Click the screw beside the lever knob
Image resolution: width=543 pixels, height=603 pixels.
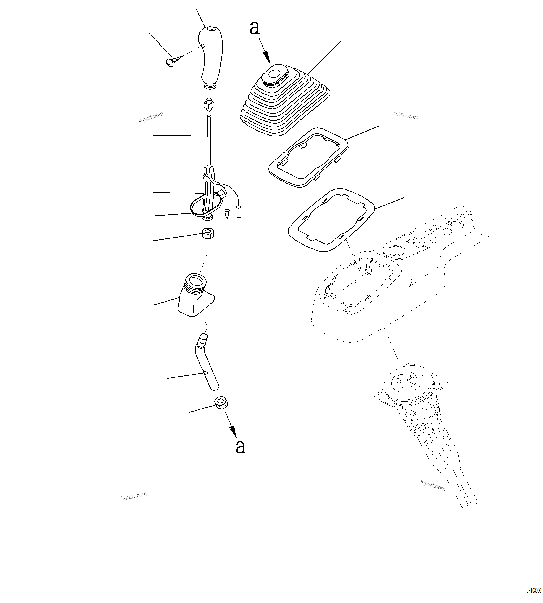pyautogui.click(x=171, y=62)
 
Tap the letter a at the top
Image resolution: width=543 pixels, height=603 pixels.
pyautogui.click(x=255, y=28)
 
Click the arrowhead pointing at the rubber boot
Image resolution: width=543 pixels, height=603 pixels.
pyautogui.click(x=266, y=57)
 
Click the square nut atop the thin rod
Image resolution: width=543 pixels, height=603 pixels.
pyautogui.click(x=209, y=105)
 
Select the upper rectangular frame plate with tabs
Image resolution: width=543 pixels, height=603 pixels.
pyautogui.click(x=309, y=157)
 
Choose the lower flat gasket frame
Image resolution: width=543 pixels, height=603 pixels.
pyautogui.click(x=331, y=220)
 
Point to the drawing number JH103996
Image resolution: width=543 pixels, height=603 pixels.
pyautogui.click(x=533, y=591)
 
